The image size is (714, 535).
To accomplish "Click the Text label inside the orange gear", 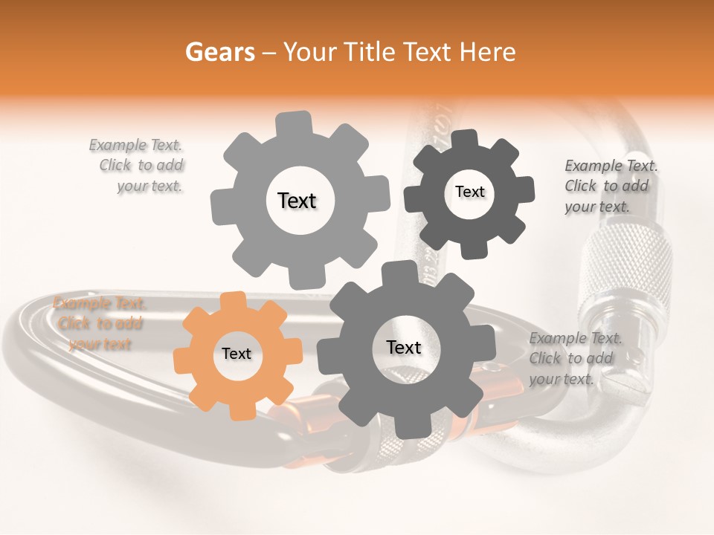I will (237, 354).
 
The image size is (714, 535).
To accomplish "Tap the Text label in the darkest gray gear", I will (469, 192).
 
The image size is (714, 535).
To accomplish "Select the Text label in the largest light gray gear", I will (297, 201).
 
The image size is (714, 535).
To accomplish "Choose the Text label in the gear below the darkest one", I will (404, 347).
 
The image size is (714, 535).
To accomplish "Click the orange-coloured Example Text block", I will (99, 323).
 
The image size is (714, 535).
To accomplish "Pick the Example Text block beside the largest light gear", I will (139, 166).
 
